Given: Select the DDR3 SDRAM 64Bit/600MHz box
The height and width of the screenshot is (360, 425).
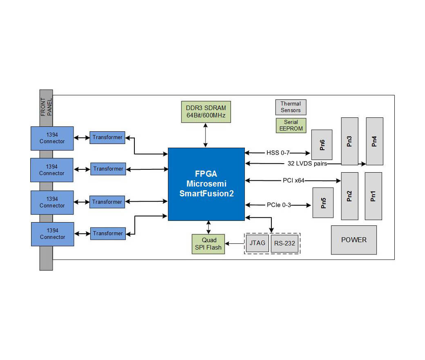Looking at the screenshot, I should point(206,112).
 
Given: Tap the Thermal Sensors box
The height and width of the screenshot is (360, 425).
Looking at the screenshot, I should point(291,107).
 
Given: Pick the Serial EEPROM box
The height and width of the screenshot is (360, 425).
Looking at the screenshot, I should point(291,125).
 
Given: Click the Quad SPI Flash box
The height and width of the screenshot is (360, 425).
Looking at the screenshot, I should point(208,244).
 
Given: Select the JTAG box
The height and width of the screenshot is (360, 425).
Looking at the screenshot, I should point(257,243).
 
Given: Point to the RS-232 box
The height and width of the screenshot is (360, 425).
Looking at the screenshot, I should point(284,243).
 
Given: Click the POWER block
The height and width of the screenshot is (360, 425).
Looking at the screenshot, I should point(353,240).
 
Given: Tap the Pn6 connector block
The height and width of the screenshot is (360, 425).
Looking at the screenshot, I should point(322,145).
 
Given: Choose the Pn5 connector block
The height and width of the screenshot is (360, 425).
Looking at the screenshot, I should point(323,202).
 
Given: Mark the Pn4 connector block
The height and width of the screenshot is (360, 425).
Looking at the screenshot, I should point(374,141).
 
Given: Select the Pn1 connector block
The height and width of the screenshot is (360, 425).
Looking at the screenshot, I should point(373,196).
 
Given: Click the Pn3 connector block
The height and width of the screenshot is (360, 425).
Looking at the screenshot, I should point(349,141).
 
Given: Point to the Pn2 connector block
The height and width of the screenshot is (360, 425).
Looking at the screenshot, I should point(349,196).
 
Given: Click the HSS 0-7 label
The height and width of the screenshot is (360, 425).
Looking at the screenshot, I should point(278,153).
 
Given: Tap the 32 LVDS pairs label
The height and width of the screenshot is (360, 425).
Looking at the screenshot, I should point(304,164).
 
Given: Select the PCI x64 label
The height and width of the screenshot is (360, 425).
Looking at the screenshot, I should point(293,180).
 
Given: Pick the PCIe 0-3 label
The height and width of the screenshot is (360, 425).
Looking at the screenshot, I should point(279,205).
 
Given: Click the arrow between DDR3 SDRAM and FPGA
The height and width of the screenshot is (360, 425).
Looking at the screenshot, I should point(206,135).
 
